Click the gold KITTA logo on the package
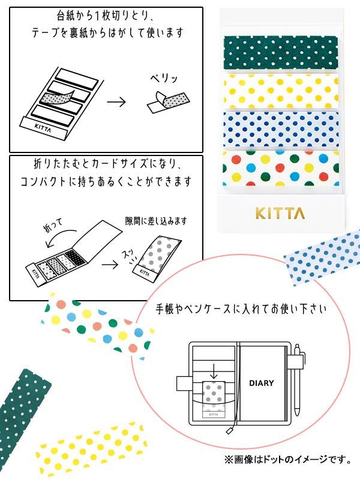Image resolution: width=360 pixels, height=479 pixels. tap(280, 213)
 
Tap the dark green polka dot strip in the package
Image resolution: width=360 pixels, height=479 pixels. tap(280, 53)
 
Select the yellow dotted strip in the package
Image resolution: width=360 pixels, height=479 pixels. tap(280, 90)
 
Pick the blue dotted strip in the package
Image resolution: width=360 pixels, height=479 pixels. tap(280, 128)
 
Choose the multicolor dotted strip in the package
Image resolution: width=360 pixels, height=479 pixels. tap(280, 167)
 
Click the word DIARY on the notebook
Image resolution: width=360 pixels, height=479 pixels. tap(261, 383)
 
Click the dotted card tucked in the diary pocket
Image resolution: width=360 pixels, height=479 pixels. tap(214, 396)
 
